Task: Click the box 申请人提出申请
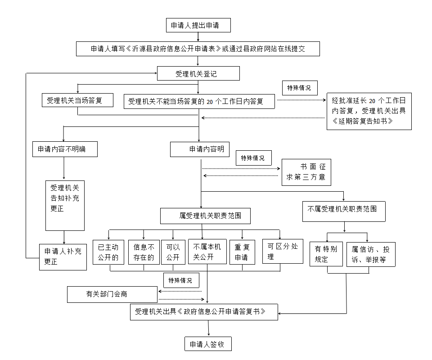[x=198, y=25]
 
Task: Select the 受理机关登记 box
[x=198, y=73]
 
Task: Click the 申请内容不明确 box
[x=65, y=149]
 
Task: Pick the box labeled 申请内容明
[x=200, y=149]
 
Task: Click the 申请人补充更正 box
[x=63, y=256]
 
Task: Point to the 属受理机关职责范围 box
[x=205, y=216]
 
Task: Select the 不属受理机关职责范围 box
[x=344, y=211]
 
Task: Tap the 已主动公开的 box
[x=108, y=252]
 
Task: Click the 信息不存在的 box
[x=144, y=252]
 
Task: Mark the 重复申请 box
[x=242, y=252]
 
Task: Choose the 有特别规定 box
[x=326, y=254]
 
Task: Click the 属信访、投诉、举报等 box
[x=371, y=254]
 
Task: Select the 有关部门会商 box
[x=112, y=294]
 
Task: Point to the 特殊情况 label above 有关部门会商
[x=180, y=281]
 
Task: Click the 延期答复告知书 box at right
[x=369, y=111]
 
